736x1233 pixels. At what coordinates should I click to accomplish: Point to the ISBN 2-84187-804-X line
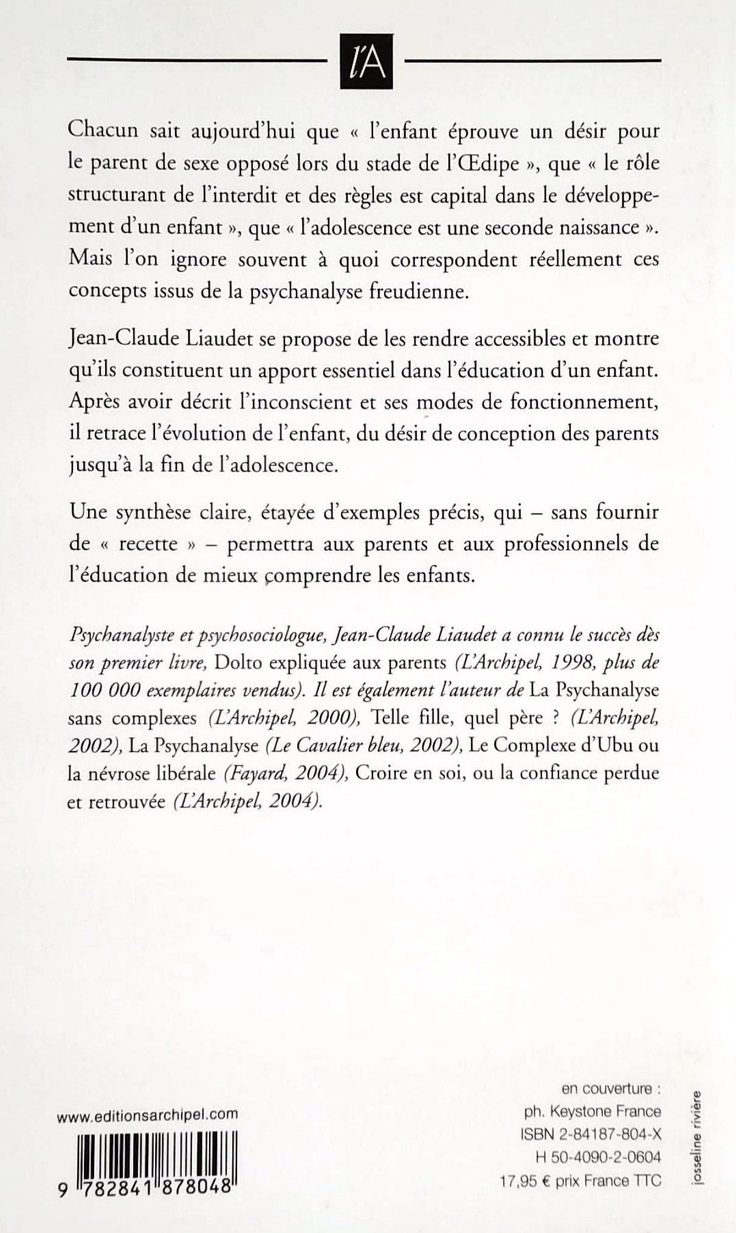click(591, 1134)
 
